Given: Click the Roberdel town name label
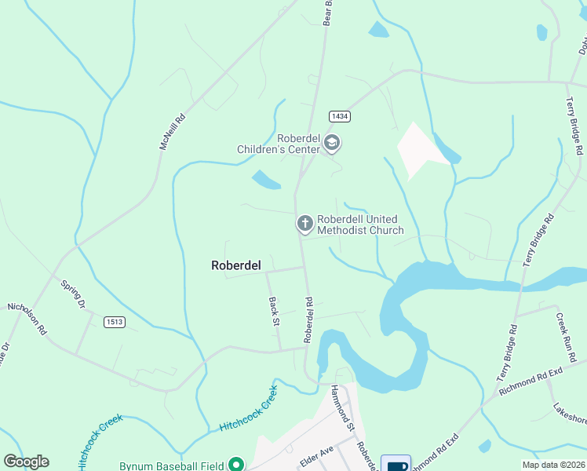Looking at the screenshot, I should click(235, 265).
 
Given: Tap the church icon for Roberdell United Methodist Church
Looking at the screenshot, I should click(304, 224).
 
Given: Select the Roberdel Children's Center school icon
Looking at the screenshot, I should click(332, 143).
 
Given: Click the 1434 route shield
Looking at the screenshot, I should click(339, 116).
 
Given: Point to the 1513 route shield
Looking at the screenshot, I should click(115, 321).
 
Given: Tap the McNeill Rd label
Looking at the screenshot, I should click(173, 131).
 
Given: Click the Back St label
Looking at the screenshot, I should click(274, 312).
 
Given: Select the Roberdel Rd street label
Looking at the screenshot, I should click(308, 318).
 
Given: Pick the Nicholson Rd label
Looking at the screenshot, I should click(26, 319).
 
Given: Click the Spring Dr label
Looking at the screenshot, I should click(72, 292).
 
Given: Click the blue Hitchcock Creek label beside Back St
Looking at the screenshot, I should click(249, 407).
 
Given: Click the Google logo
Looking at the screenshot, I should click(26, 462).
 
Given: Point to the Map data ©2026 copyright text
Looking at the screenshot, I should click(554, 465).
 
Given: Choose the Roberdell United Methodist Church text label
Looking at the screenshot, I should click(359, 225).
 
